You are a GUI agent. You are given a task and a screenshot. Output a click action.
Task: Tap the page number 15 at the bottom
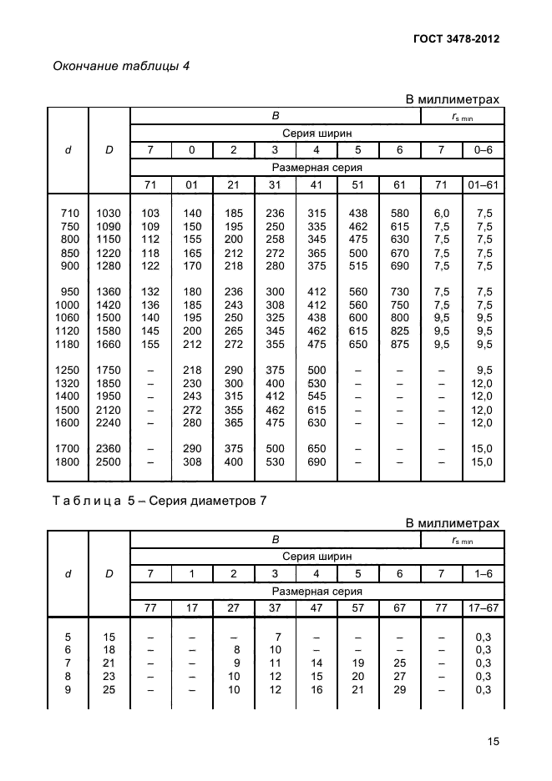pyautogui.click(x=493, y=741)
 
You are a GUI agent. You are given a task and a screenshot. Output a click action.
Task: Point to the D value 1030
pyautogui.click(x=109, y=214)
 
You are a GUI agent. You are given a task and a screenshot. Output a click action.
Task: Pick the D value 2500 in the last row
pyautogui.click(x=109, y=461)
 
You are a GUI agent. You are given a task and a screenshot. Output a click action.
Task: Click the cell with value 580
pyautogui.click(x=400, y=214)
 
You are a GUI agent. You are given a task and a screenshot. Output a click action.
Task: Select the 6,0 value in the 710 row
pyautogui.click(x=442, y=214)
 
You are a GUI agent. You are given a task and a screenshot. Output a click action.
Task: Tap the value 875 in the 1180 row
pyautogui.click(x=400, y=345)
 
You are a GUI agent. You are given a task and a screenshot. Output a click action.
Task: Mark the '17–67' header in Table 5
pyautogui.click(x=484, y=608)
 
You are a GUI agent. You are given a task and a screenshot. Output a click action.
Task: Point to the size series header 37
pyautogui.click(x=275, y=608)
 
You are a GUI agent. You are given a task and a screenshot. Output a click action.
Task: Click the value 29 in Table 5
pyautogui.click(x=400, y=689)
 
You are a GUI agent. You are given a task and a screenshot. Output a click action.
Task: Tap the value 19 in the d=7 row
pyautogui.click(x=358, y=663)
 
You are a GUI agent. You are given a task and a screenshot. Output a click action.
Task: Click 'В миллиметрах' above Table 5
pyautogui.click(x=452, y=523)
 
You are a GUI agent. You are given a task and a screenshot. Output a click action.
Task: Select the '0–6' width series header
pyautogui.click(x=484, y=150)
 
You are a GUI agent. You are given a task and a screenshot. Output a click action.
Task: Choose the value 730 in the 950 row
pyautogui.click(x=400, y=292)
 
